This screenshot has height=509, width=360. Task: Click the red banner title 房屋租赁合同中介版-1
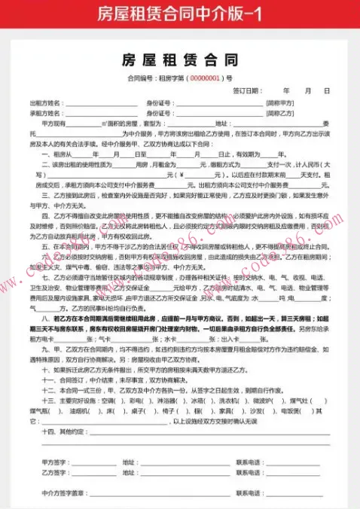coord(179,13)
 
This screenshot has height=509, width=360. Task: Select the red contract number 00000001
coord(204,78)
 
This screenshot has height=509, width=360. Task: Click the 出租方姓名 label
coord(45,102)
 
